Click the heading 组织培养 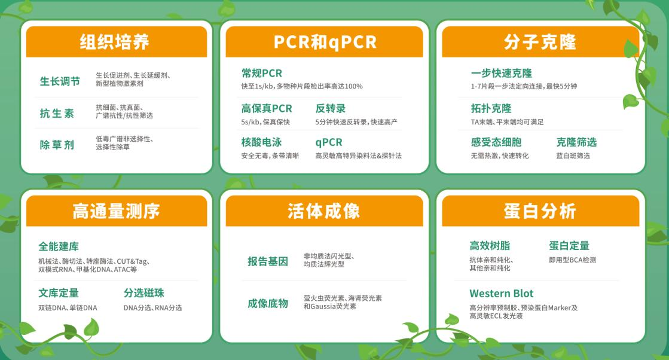114,42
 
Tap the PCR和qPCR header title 325,42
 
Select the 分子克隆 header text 540,42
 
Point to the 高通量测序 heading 116,211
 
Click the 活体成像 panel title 324,211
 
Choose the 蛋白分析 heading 540,211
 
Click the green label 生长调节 60,81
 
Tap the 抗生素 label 57,113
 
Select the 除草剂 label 57,145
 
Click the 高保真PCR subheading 267,108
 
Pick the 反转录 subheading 331,108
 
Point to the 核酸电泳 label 261,142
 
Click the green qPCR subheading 329,142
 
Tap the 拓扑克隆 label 491,108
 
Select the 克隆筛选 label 576,142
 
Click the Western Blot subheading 502,294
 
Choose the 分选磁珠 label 143,293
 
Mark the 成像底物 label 268,303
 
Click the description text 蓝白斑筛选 573,155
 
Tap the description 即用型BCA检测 573,260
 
